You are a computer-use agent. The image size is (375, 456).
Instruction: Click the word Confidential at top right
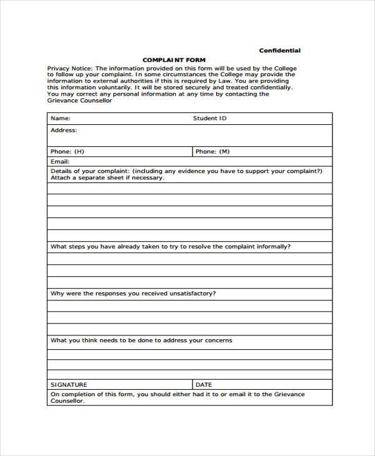279,51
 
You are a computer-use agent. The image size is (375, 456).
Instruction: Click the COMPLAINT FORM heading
173,60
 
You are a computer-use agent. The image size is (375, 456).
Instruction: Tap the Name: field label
60,117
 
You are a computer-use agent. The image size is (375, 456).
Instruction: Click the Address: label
63,131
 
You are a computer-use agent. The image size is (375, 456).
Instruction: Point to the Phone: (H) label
67,151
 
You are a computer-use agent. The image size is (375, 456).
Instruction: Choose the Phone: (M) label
212,151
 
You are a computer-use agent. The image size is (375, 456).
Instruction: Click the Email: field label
59,161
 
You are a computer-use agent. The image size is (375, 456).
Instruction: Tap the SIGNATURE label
69,385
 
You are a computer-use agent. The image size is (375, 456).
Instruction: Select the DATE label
204,385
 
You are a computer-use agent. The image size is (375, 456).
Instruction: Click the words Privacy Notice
69,67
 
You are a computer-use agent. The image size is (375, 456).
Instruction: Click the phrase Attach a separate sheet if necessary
107,177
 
